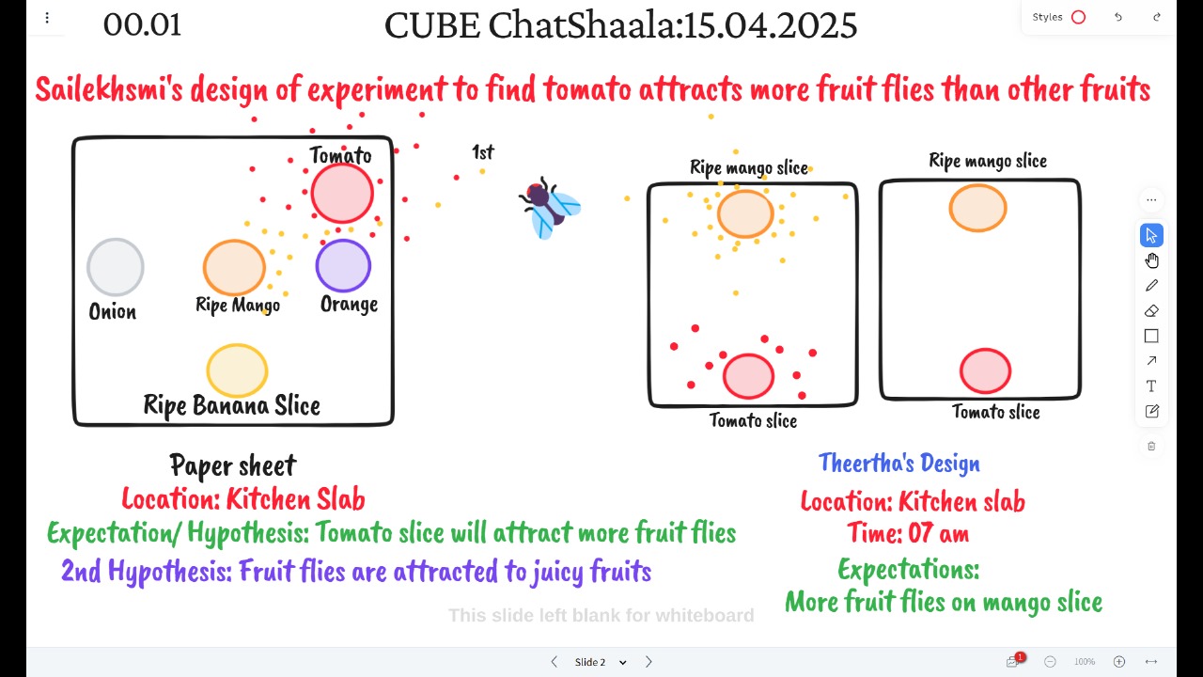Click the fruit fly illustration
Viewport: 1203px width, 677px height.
pos(550,208)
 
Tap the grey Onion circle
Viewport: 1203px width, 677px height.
pos(116,267)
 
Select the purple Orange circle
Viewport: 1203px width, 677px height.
pos(343,266)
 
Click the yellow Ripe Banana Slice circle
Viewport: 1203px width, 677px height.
pos(237,370)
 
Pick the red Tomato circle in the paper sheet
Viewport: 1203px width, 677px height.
pos(342,194)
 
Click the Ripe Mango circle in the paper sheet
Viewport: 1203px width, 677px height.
pos(234,267)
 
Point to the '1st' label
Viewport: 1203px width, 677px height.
pos(483,152)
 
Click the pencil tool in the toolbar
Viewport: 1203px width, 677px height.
pos(1151,286)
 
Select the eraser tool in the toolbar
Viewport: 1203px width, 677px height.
pos(1151,311)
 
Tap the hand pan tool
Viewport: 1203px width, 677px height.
pos(1151,260)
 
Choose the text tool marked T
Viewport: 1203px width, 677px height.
pos(1151,386)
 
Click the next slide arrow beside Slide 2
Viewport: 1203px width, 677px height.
pos(648,662)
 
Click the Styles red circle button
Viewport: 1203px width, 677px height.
pos(1078,17)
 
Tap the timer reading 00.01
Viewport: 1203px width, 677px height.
pos(142,24)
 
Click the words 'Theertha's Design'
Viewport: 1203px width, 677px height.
pos(899,464)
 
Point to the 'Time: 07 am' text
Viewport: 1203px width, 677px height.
pos(909,533)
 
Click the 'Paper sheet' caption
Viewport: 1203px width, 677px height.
pos(232,465)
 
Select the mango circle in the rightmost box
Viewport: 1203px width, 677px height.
pos(978,208)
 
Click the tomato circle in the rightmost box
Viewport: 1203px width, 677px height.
pos(986,370)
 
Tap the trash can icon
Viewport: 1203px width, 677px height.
pos(1151,446)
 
